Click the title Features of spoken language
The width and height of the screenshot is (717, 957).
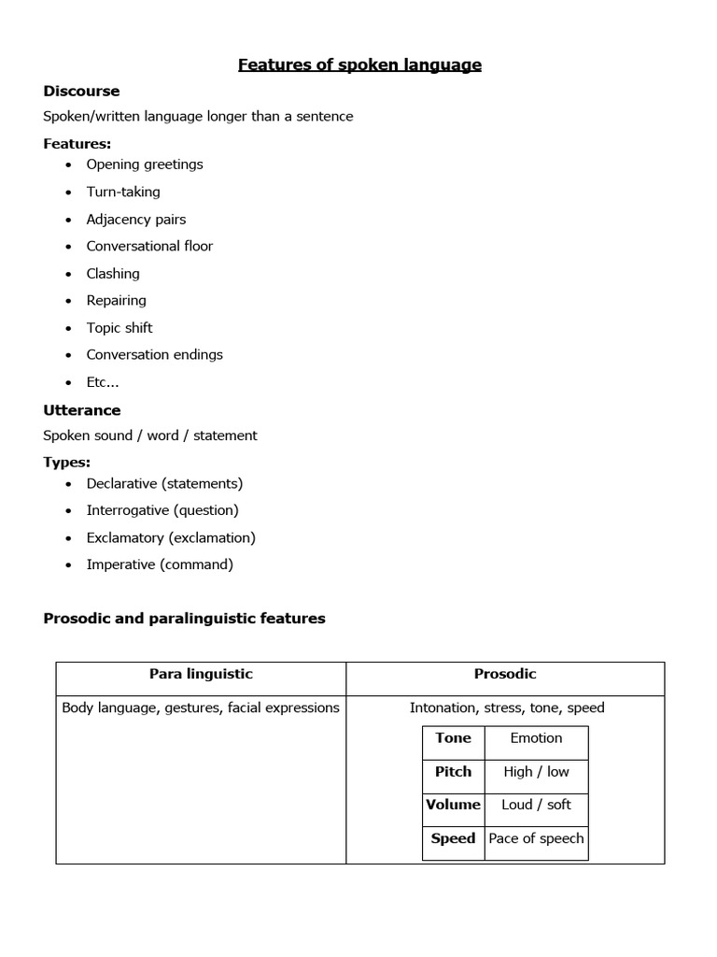[359, 64]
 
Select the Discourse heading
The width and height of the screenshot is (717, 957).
[81, 91]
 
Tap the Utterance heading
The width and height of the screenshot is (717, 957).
[82, 410]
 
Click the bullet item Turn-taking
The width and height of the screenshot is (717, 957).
[123, 192]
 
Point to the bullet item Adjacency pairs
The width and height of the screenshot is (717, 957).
[136, 220]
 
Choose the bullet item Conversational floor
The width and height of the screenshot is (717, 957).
[149, 246]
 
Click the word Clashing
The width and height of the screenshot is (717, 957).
[113, 274]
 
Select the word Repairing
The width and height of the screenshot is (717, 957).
[117, 300]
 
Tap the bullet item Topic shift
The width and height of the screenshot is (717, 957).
[119, 328]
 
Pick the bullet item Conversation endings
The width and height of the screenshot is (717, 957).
[155, 355]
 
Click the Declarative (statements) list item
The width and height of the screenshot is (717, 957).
[164, 483]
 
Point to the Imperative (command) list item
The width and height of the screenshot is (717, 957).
[160, 564]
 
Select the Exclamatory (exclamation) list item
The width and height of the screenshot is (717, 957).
[171, 537]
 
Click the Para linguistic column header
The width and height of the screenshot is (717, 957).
[201, 674]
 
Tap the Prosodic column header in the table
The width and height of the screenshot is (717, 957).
[505, 674]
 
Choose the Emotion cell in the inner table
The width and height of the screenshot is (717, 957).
[536, 738]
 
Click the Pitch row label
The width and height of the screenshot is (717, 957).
[453, 772]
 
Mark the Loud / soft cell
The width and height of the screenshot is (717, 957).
[536, 805]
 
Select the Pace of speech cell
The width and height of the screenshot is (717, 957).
[536, 838]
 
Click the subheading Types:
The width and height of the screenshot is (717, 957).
[67, 463]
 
